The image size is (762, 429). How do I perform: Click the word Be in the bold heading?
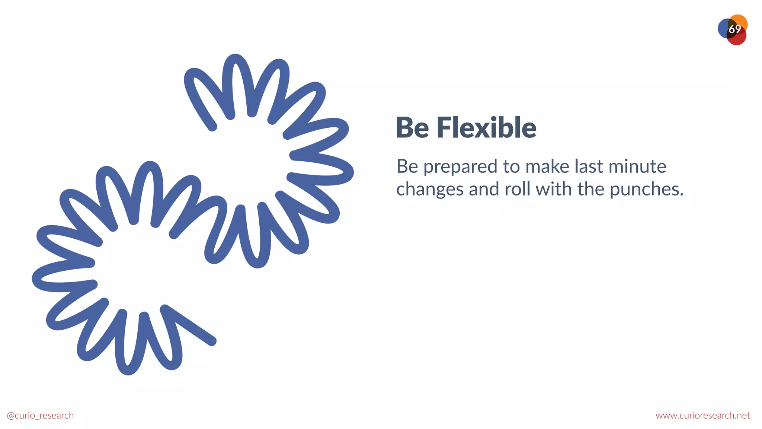412,128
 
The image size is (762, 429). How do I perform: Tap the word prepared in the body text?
461,167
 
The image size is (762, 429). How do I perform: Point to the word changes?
430,190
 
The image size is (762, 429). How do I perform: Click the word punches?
647,190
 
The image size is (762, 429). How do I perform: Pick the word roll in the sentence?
518,189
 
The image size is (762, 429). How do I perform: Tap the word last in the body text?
589,166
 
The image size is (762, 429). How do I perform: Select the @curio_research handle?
40,416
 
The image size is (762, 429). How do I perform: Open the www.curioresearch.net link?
702,416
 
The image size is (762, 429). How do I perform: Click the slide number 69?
734,29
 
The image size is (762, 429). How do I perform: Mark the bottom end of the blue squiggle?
212,341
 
